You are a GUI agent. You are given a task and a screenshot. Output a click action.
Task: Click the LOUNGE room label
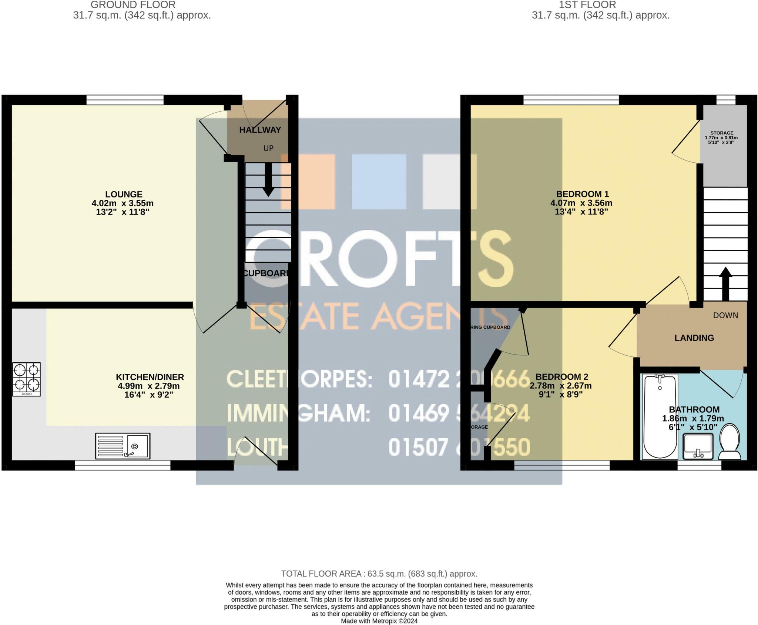[124, 194]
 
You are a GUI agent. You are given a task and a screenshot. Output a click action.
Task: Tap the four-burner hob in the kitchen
[26, 379]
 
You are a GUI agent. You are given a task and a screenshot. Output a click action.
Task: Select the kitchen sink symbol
[123, 446]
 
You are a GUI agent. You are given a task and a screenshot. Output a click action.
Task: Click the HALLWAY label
[260, 130]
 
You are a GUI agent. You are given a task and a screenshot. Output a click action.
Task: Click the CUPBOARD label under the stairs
[266, 273]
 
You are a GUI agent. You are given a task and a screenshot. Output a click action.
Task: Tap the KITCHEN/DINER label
[150, 377]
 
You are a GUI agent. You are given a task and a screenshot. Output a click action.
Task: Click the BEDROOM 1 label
[582, 194]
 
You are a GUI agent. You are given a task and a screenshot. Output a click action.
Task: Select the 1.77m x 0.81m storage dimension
[721, 138]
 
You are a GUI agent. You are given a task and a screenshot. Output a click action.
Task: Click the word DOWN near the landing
[725, 315]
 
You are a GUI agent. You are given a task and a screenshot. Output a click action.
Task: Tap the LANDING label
[694, 338]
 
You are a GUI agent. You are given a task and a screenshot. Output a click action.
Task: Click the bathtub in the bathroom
[660, 416]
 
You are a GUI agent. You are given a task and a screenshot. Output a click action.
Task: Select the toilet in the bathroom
[730, 442]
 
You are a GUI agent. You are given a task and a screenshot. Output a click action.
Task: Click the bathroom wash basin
[698, 446]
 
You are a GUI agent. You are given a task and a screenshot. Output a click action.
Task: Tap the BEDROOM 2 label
[561, 377]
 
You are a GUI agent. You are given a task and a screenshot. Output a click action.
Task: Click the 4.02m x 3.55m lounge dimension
[122, 203]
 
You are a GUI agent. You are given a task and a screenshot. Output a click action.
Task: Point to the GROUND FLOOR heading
[133, 5]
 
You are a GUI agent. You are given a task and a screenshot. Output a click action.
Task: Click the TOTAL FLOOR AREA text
[379, 574]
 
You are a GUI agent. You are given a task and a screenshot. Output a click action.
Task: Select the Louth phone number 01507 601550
[459, 447]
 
